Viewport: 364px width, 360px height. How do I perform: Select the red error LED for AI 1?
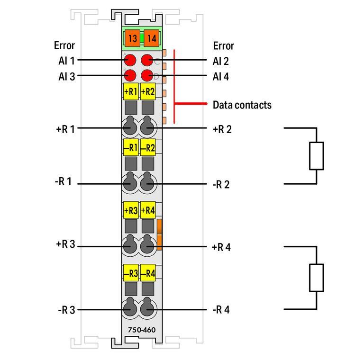coord(130,61)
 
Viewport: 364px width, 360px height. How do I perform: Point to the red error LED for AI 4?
coord(147,75)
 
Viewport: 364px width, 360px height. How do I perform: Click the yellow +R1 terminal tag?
coord(130,92)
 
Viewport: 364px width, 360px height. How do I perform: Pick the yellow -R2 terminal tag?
coord(148,147)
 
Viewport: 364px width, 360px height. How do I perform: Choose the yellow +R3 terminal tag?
coord(130,210)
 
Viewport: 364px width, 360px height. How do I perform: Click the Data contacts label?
coord(242,105)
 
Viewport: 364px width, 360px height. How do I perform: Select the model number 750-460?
coord(141,330)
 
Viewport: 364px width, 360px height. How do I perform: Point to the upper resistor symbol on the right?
coord(317,155)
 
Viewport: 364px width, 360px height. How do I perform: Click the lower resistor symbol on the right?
coord(317,278)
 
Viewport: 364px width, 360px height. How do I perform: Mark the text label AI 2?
coord(221,60)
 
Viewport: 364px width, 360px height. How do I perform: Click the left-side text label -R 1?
coord(64,181)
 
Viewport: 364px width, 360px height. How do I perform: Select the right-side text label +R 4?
coord(221,247)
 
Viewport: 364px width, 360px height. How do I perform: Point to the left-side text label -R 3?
coord(66,310)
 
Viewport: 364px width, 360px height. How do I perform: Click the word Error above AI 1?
coord(64,46)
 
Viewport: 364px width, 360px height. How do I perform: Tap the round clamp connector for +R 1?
coord(130,128)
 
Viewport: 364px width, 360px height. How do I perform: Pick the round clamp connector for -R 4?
coord(148,309)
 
